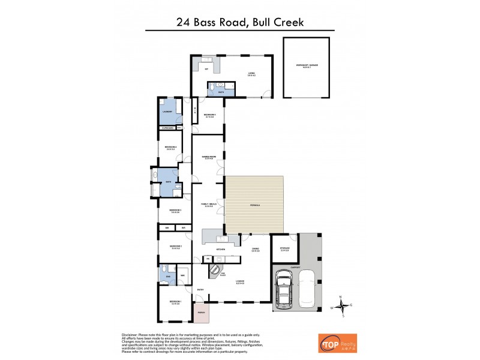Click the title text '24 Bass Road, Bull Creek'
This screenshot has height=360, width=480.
coord(240,23)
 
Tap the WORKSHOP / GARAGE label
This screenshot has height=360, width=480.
coord(307,65)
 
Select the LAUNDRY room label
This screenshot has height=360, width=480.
coord(167,112)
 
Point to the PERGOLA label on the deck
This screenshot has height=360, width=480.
coord(255,206)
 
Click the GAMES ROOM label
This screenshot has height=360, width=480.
coord(208,157)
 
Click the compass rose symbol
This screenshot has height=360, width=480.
coord(341,305)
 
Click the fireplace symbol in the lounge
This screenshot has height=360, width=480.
coord(217,271)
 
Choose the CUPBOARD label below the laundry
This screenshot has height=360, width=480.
coord(167,128)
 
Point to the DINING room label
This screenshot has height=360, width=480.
coord(255,248)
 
